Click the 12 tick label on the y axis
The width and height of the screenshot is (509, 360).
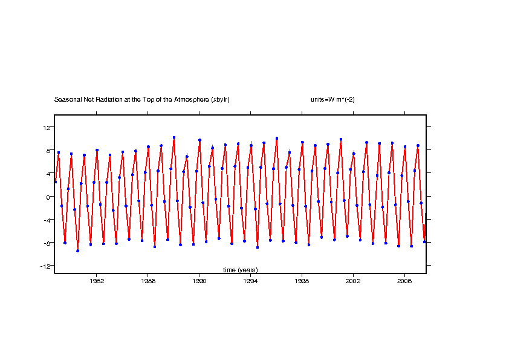coord(46,127)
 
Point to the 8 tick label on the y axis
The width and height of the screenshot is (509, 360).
coord(48,150)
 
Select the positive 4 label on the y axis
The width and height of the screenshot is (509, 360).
coord(48,173)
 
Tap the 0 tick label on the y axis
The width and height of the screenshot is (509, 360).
coord(48,197)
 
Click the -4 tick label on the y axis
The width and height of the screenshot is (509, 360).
coord(46,220)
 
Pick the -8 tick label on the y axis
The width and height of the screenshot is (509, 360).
coord(46,243)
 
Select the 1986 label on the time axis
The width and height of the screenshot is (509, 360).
coord(148,281)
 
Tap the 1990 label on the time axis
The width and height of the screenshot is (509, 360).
coord(199,281)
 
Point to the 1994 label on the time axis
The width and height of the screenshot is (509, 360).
coord(250,281)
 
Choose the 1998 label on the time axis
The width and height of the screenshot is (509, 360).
coord(302,281)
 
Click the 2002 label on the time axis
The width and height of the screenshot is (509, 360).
coord(353,281)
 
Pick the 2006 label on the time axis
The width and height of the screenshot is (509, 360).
coord(404,281)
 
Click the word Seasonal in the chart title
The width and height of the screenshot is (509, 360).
coord(66,100)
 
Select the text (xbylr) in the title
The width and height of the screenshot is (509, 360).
coord(221,100)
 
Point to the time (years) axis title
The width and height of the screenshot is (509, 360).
coord(240,270)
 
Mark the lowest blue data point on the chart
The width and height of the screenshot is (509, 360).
coord(77,250)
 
